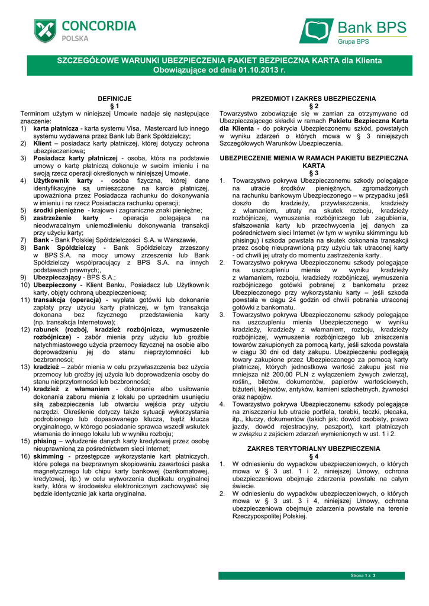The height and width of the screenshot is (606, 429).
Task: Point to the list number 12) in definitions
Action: point(26,328)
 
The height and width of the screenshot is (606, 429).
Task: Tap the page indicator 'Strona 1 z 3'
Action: point(364,575)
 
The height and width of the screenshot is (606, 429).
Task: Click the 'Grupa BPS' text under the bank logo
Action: point(353,41)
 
